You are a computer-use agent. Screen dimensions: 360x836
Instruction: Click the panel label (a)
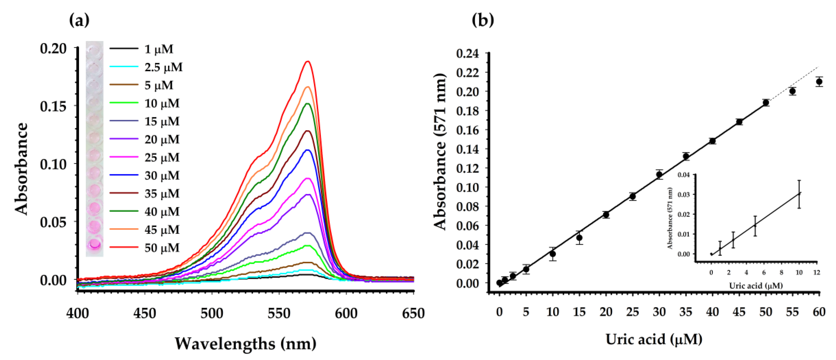point(79,21)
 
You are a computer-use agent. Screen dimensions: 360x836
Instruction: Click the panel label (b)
point(483,21)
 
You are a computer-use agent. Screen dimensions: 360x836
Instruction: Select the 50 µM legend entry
point(162,248)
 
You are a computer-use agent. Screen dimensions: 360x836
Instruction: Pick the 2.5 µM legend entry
point(163,67)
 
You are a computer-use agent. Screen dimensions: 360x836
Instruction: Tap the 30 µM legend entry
point(162,176)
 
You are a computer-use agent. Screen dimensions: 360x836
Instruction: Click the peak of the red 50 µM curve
point(308,61)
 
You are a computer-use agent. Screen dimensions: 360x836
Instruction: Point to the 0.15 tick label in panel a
point(53,106)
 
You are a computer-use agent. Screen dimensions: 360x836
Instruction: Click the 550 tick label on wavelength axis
point(279,314)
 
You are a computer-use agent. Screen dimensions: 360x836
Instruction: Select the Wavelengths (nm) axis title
point(245,343)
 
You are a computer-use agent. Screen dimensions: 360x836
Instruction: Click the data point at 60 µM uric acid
point(819,81)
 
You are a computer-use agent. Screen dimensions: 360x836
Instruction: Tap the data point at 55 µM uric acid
point(792,91)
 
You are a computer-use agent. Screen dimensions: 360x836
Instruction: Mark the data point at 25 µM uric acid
point(633,196)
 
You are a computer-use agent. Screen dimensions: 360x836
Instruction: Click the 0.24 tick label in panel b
point(467,53)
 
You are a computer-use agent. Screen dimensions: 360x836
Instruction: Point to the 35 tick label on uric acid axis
point(686,312)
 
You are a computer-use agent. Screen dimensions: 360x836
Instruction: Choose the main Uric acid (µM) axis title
point(654,339)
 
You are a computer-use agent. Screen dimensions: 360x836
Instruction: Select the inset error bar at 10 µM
point(799,194)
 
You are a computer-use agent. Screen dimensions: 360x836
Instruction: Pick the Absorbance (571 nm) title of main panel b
point(440,152)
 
